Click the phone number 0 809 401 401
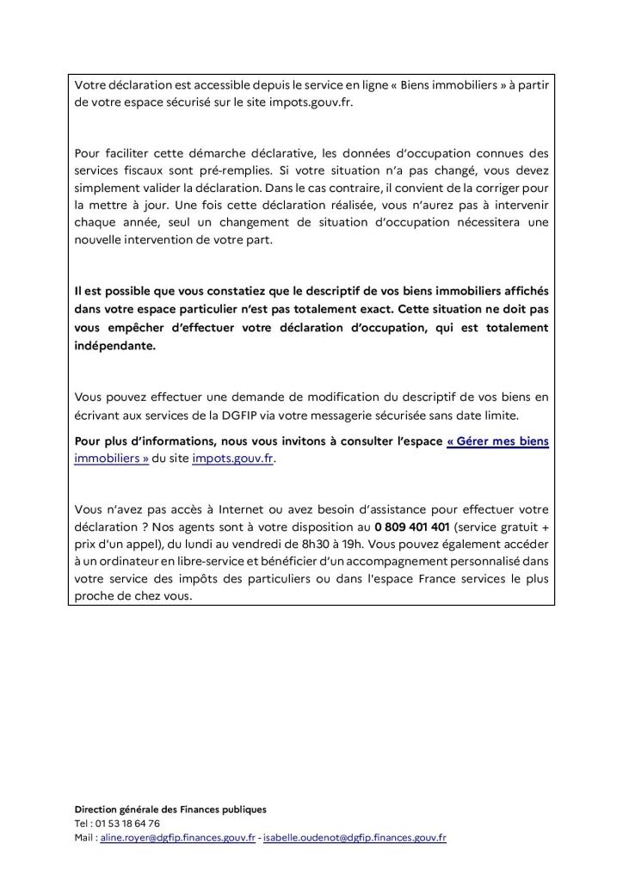(x=412, y=527)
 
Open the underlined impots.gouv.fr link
(x=233, y=459)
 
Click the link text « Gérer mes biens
(x=498, y=441)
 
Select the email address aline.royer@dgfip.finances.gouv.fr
(x=177, y=837)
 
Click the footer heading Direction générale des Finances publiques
(x=170, y=810)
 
